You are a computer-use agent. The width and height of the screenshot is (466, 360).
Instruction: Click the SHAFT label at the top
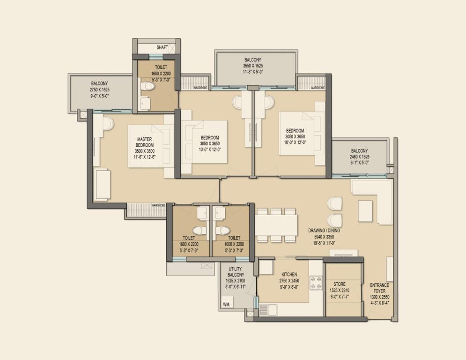click(162, 48)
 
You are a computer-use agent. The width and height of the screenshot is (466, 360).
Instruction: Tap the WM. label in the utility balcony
click(227, 305)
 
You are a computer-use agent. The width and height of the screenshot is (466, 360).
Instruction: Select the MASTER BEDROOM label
click(145, 142)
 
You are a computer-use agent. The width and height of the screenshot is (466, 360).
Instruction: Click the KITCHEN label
click(289, 275)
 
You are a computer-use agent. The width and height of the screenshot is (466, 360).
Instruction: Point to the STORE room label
click(340, 285)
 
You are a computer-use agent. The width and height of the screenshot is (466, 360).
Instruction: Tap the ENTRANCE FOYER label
click(379, 288)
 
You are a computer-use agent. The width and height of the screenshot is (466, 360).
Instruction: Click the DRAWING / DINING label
click(324, 231)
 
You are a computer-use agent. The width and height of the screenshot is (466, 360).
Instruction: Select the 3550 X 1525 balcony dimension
click(253, 66)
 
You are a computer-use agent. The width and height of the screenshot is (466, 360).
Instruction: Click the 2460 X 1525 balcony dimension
click(359, 157)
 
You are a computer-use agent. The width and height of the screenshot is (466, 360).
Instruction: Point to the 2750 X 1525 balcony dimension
click(100, 90)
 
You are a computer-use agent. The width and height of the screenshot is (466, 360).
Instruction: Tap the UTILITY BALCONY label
click(236, 272)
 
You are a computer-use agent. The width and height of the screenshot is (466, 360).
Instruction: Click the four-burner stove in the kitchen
click(316, 283)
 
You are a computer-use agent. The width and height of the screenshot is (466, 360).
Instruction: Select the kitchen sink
click(268, 310)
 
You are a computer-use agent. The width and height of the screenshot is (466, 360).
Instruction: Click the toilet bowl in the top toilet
click(148, 87)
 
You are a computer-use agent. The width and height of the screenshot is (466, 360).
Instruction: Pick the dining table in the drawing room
click(276, 225)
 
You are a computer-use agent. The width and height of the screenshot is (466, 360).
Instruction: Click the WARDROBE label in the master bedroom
click(158, 205)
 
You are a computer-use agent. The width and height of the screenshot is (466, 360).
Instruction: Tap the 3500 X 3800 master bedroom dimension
click(145, 151)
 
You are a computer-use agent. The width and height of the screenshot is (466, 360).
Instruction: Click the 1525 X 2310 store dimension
click(340, 290)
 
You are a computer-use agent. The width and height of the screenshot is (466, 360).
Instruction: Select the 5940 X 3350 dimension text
click(324, 237)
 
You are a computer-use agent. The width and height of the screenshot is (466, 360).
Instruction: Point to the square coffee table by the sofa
click(366, 211)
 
